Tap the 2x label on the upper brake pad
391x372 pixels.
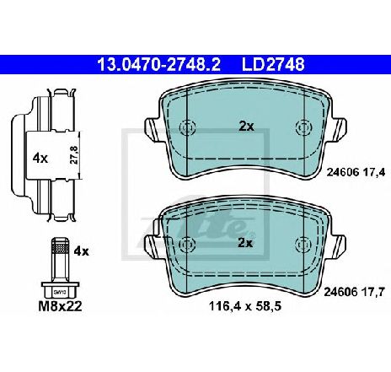[246, 127]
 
